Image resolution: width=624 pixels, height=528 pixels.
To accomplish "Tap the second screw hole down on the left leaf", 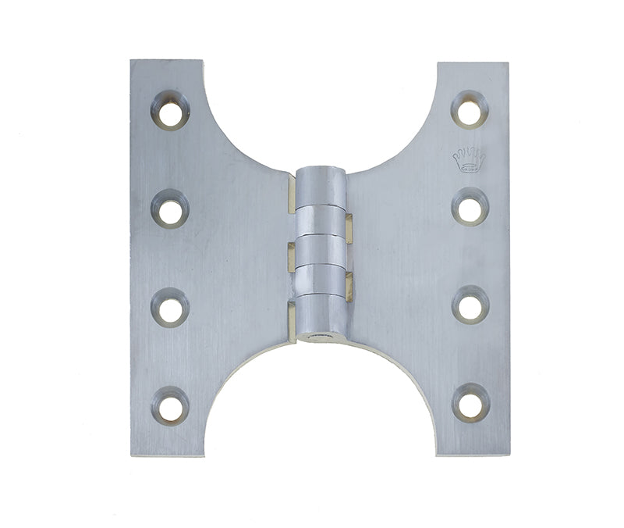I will click(169, 209).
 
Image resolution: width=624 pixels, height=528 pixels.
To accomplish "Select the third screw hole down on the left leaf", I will click(169, 306).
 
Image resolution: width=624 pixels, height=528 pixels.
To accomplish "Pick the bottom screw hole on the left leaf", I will click(169, 405).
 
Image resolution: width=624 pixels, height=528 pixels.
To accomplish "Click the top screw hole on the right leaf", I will click(470, 109).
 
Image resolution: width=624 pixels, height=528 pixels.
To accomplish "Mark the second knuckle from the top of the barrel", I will click(321, 219).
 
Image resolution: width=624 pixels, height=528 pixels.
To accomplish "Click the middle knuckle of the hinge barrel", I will click(320, 250).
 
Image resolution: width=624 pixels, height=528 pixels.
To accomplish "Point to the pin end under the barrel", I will click(321, 339).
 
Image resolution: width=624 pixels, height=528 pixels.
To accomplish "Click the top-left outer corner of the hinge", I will click(131, 61).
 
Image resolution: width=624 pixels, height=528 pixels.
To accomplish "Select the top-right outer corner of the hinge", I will click(508, 62).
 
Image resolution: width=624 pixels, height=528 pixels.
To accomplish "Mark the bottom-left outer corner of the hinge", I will click(131, 455).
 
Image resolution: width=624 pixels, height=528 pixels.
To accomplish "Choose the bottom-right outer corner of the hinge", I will click(508, 455).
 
